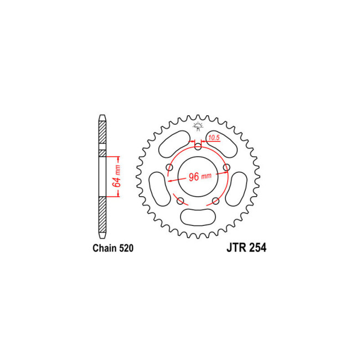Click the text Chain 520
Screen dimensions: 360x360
[x=112, y=249]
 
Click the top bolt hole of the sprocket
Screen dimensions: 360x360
[x=199, y=146]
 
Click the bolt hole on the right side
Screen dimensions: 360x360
[x=226, y=168]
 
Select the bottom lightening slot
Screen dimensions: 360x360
[x=198, y=217]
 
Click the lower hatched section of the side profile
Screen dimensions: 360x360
[x=101, y=216]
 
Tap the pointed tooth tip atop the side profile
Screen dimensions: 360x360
[x=101, y=117]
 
